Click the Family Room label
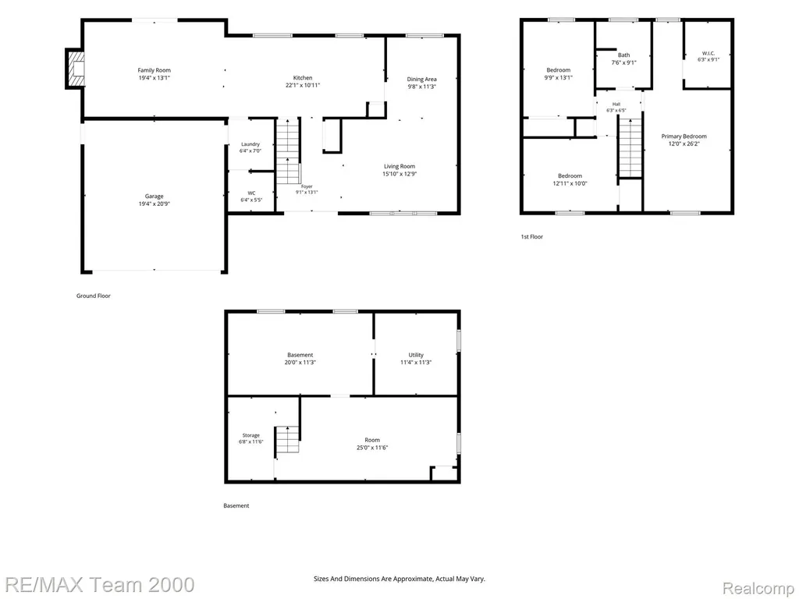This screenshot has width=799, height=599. pos(154,70)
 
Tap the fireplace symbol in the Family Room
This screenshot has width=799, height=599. pos(74,69)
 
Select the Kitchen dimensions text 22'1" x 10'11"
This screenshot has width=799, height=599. pos(303,86)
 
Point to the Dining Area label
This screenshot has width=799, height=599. pos(421,79)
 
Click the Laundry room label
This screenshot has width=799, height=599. pos(250,144)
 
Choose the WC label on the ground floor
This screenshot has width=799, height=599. pos(252,193)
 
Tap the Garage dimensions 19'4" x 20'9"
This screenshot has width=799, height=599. pos(154,204)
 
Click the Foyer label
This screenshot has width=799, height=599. pos(307,186)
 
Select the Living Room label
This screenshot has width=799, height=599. pos(399,166)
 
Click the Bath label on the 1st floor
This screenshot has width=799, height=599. pos(623,55)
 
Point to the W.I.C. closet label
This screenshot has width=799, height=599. pos(708,53)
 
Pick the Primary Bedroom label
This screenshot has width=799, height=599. pos(684,136)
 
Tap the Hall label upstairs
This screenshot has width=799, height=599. pos(616,104)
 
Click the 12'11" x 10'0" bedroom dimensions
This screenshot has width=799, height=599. pos(570,183)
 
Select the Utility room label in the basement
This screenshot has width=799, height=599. pos(416,355)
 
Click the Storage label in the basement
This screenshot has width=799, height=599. pos(250,435)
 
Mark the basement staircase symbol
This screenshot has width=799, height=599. pos(288,439)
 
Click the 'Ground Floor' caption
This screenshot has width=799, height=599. pos(94,296)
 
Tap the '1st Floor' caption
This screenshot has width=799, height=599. pos(531,236)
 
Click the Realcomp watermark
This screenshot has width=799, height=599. pos(759,588)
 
